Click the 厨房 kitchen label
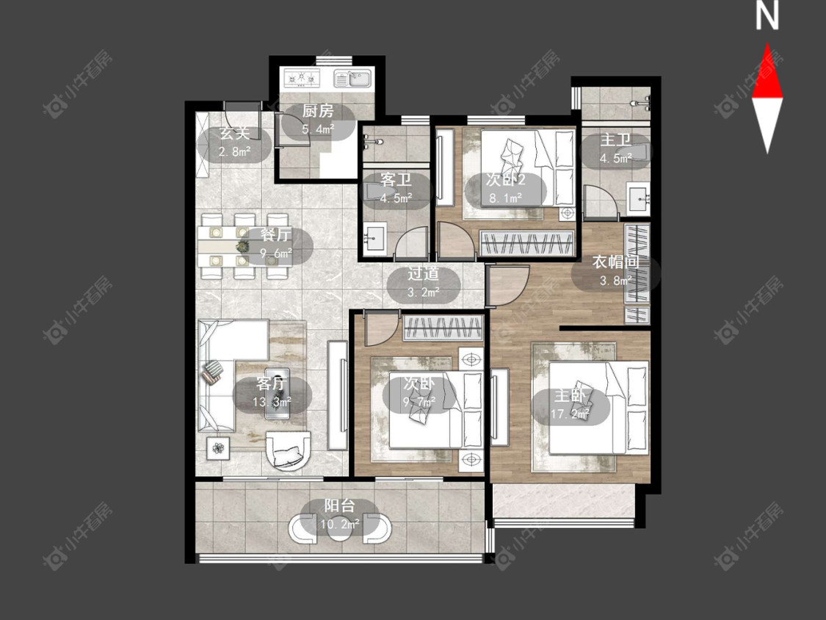318,111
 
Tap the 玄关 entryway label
234,134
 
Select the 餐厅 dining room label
275,234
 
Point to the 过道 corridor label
424,273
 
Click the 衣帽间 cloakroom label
616,262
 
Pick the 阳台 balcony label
339,506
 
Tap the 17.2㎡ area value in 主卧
570,414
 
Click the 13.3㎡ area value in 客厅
272,403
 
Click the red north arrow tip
767,44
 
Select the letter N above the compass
767,16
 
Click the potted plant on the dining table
243,245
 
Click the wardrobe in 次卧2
526,242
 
